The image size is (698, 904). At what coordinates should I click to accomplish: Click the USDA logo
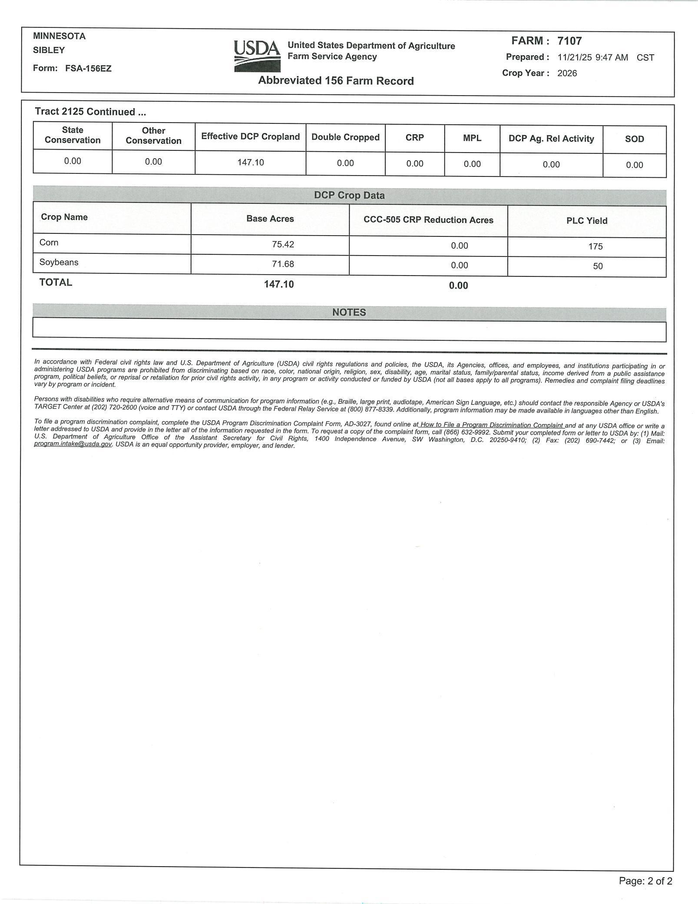point(257,56)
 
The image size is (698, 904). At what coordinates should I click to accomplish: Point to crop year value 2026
point(567,73)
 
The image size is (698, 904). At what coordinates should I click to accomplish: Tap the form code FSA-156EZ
point(88,68)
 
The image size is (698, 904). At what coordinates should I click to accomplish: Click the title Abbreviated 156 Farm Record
point(336,81)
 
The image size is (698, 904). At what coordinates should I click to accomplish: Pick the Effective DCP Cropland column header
point(250,136)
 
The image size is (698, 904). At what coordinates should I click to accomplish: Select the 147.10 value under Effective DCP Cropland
point(250,162)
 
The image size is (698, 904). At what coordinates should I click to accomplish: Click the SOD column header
point(634,139)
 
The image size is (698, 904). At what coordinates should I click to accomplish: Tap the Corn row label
point(49,243)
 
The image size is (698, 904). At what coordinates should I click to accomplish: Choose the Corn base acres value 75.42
point(283,244)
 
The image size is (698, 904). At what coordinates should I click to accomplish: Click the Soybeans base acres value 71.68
point(283,264)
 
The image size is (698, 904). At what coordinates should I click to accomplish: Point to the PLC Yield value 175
point(595,246)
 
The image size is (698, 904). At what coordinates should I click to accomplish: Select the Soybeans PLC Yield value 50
point(598,266)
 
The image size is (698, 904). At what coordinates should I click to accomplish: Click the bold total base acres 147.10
point(278,284)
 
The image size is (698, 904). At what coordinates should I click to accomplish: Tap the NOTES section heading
point(349,312)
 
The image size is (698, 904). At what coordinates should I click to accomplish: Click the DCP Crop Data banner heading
point(349,195)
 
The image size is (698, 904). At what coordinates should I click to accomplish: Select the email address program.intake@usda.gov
point(73,444)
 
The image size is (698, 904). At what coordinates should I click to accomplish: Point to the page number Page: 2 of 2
point(645,881)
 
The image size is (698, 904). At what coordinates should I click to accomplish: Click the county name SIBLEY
point(49,50)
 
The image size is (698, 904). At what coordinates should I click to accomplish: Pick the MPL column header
point(472,138)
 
